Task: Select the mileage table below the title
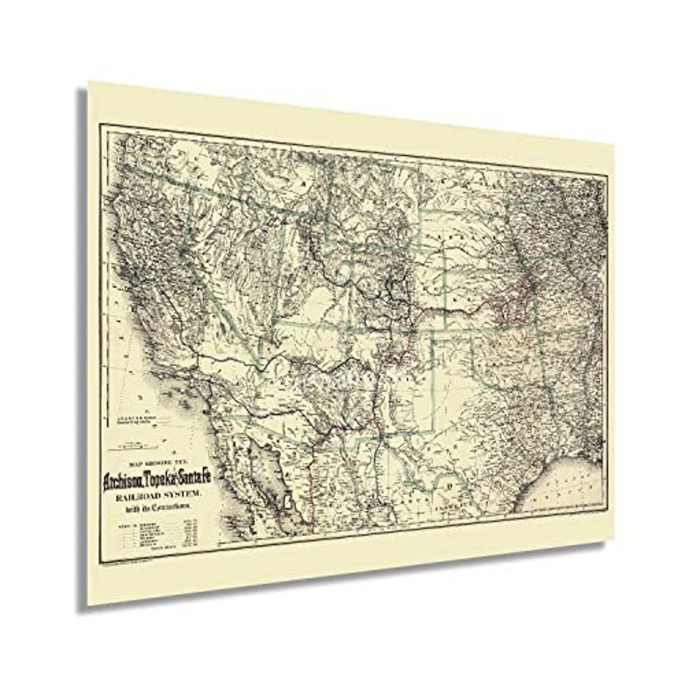pos(157,535)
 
